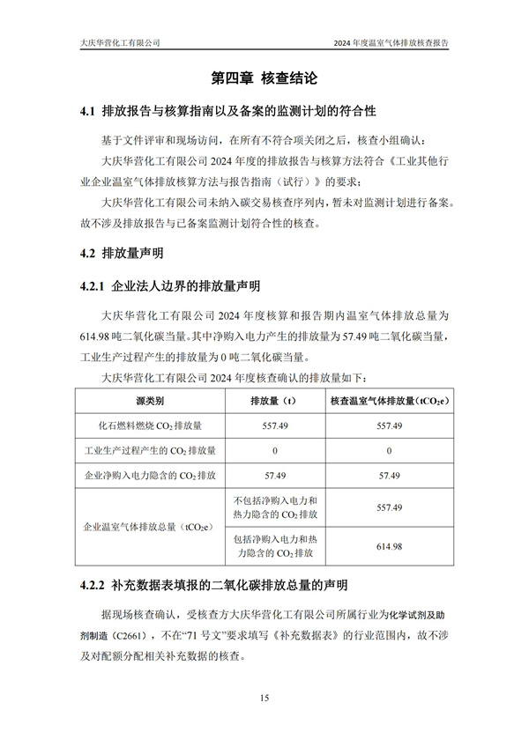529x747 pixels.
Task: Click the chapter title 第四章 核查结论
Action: pyautogui.click(x=264, y=78)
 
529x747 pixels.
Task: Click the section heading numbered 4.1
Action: pyautogui.click(x=227, y=112)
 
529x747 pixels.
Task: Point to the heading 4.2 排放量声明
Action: pyautogui.click(x=121, y=254)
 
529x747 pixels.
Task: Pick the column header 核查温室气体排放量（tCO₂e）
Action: pyautogui.click(x=390, y=401)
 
